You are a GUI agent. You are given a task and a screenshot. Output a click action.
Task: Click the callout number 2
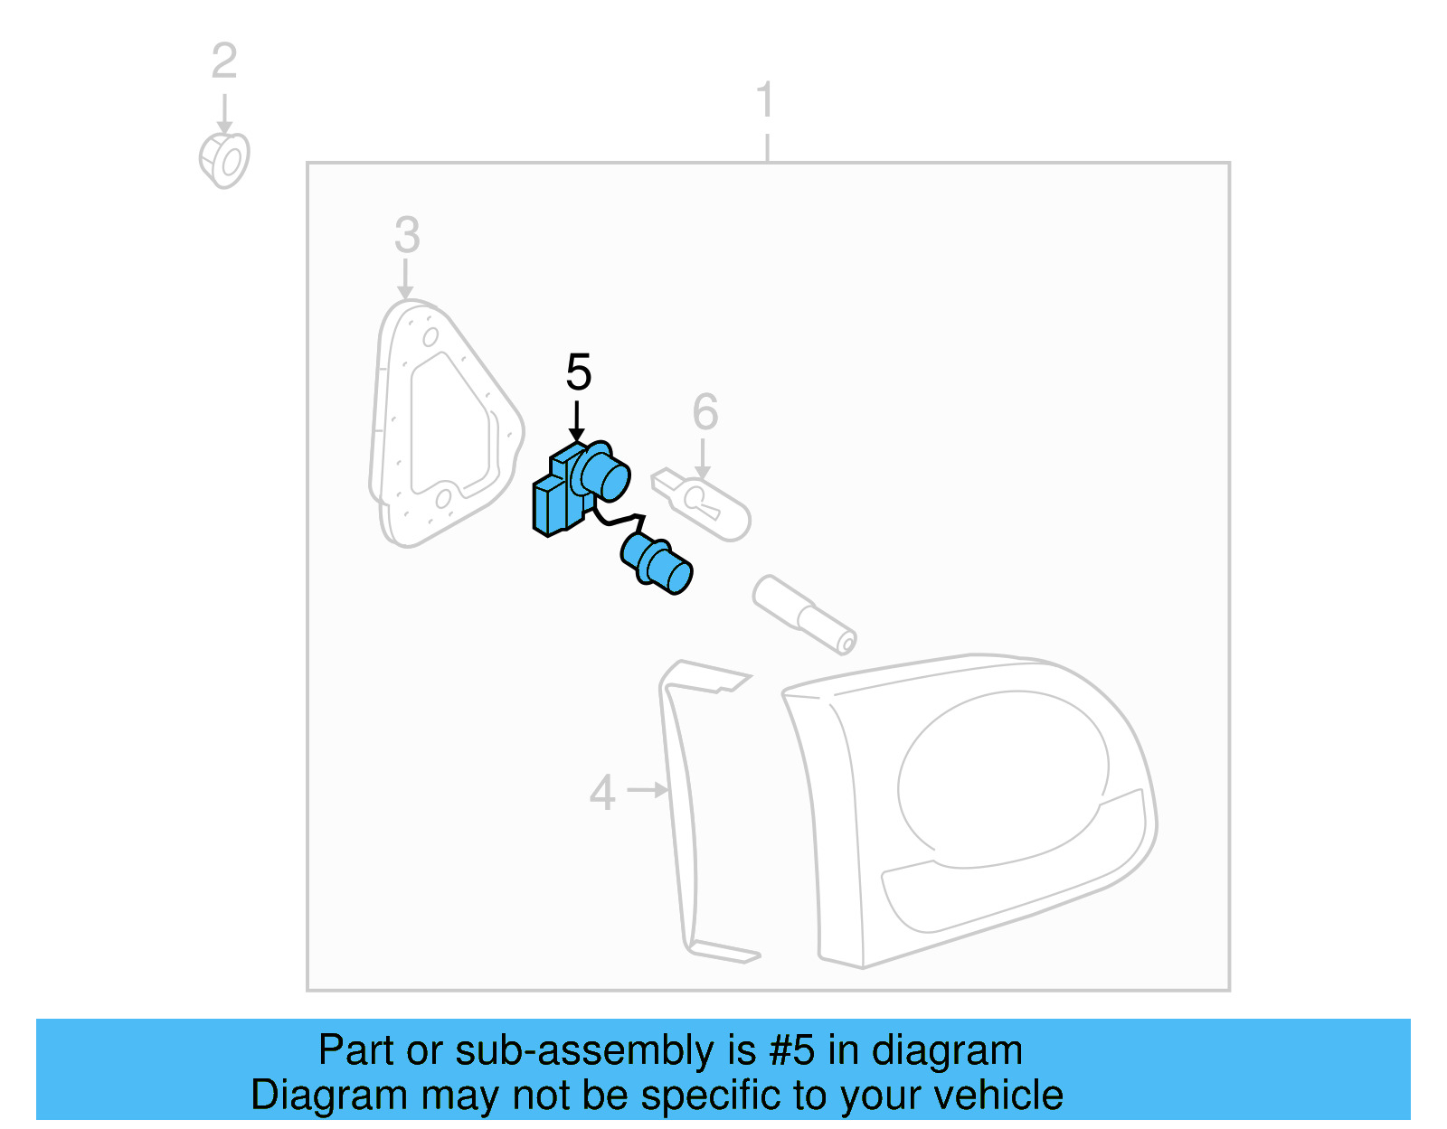[224, 61]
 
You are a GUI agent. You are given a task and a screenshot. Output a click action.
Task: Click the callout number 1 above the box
[765, 99]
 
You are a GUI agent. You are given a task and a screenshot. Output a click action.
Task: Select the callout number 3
[407, 235]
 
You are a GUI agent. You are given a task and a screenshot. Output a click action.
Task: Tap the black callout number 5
[578, 372]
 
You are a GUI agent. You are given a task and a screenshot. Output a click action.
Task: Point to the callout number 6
[705, 412]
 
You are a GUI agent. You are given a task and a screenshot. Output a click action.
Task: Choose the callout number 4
[602, 793]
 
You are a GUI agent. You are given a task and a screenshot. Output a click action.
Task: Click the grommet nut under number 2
[224, 161]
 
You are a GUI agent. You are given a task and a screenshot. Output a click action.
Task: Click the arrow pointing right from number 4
[648, 790]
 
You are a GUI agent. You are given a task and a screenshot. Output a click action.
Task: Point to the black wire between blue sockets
[619, 521]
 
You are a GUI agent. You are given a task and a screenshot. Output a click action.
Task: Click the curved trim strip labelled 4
[683, 814]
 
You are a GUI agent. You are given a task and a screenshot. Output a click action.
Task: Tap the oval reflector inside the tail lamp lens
[999, 777]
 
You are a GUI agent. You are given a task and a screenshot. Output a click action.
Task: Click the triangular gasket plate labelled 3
[443, 425]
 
